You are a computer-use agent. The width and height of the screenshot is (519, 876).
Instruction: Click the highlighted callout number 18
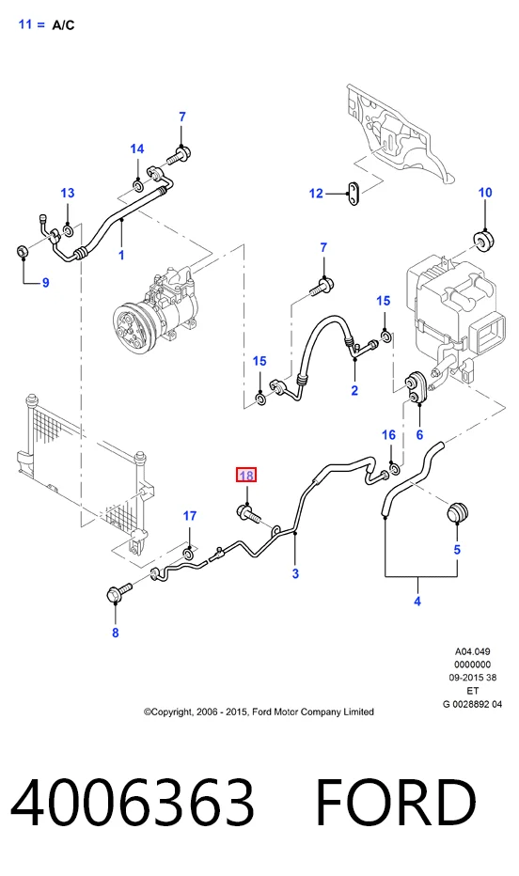tap(245, 476)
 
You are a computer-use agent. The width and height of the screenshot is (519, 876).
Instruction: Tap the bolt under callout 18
tap(248, 513)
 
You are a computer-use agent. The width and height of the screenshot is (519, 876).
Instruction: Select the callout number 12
tap(316, 194)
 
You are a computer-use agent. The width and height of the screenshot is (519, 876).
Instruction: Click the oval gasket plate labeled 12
tap(354, 193)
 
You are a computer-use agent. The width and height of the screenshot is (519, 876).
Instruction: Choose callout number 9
tap(46, 283)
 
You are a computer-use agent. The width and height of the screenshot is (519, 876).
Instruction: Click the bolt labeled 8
tap(119, 592)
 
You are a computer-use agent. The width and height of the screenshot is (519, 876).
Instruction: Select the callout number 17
tap(190, 516)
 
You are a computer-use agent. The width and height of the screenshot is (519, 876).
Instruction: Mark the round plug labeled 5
tap(458, 513)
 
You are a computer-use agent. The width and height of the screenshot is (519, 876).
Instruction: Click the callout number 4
tap(417, 602)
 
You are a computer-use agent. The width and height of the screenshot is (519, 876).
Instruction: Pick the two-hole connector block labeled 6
tap(417, 389)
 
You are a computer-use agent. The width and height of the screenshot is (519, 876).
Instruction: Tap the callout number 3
tap(295, 573)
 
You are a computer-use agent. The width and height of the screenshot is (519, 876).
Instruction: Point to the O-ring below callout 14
tap(137, 184)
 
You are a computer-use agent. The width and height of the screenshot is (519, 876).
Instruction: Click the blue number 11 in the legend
tap(25, 24)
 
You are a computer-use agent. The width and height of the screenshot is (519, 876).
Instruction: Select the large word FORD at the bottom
tap(396, 803)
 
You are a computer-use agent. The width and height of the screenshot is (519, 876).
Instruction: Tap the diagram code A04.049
tap(472, 651)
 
